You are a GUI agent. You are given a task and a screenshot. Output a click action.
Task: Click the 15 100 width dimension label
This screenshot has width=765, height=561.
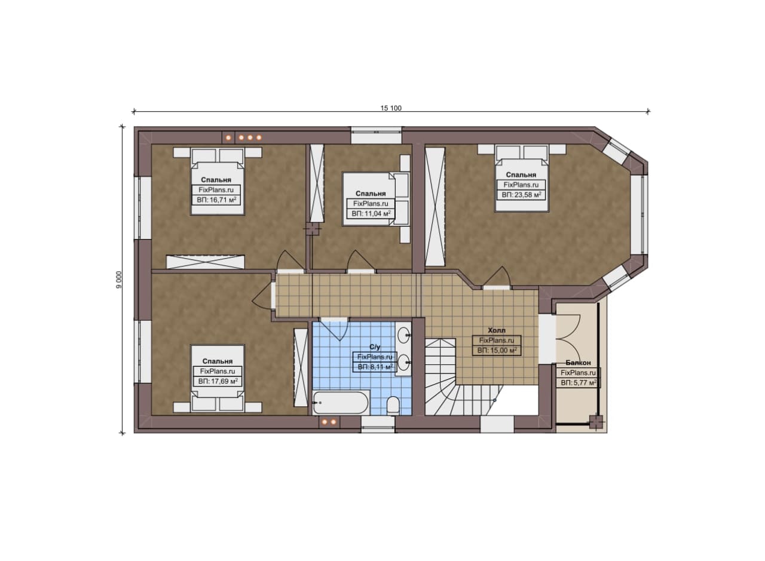coord(391,108)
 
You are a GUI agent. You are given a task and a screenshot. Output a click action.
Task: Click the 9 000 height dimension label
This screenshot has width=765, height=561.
coord(119,280)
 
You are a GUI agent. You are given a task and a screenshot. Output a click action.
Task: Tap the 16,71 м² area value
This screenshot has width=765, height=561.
coord(223,200)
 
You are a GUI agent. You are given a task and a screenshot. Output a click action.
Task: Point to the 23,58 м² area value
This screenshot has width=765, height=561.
coord(528,195)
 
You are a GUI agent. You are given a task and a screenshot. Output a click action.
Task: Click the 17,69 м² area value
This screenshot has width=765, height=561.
coord(224,381)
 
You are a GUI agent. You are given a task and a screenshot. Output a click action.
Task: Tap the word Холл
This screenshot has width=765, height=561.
coord(497,330)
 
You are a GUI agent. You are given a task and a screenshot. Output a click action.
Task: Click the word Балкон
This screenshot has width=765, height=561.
coord(578,363)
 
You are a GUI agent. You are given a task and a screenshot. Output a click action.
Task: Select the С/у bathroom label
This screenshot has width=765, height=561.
coord(375,347)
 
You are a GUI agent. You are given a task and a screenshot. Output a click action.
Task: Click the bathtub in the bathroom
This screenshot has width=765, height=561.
coord(340,403)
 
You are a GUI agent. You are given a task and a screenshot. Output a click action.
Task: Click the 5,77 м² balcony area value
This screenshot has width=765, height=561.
coord(585,383)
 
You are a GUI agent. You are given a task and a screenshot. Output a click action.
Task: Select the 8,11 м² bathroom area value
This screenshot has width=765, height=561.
coord(381,367)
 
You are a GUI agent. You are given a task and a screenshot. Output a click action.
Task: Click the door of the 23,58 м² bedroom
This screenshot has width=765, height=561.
coord(497,277)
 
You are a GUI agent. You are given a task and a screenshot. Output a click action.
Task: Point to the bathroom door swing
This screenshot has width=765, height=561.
coord(334,330)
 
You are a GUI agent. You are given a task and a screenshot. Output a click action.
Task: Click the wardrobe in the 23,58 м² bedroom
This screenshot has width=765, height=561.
coord(435,207)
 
